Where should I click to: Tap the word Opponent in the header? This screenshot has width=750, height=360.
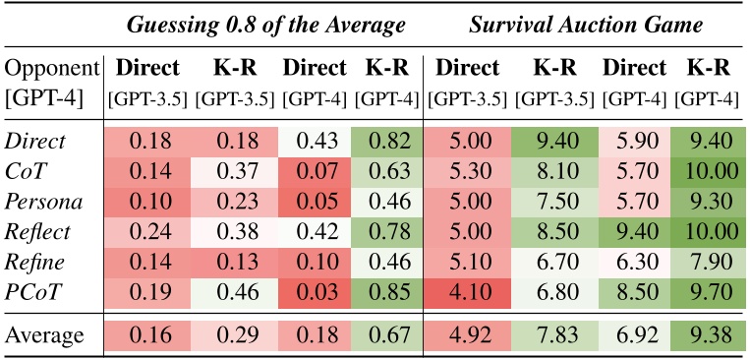[x=53, y=70]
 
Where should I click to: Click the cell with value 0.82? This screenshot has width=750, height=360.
[x=388, y=141]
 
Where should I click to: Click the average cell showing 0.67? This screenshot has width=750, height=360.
[x=388, y=334]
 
